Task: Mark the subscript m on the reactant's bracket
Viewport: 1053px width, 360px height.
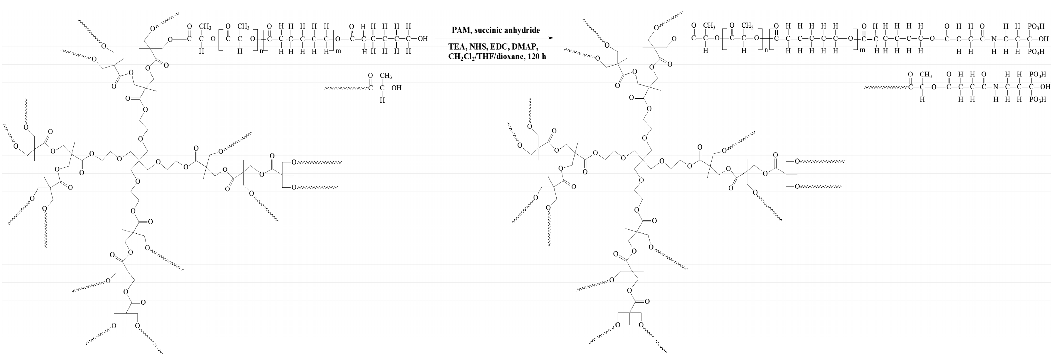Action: (338, 51)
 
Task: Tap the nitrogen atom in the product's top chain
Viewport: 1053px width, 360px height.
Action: (996, 39)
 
